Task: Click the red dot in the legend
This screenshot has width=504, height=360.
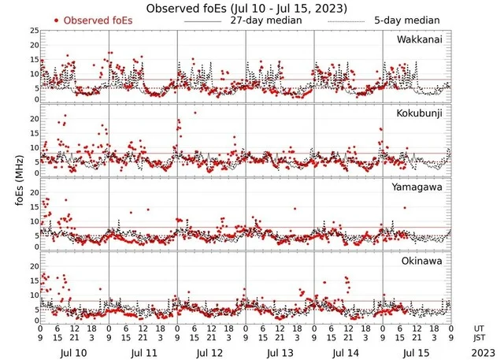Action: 57,20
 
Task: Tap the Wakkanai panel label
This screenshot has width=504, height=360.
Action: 421,39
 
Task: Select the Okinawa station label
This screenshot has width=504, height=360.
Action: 423,262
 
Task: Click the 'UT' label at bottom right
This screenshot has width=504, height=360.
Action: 480,328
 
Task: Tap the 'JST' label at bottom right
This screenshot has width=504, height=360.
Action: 480,339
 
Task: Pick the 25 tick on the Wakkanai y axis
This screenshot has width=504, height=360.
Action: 34,31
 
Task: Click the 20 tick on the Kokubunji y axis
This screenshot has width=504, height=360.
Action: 34,118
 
